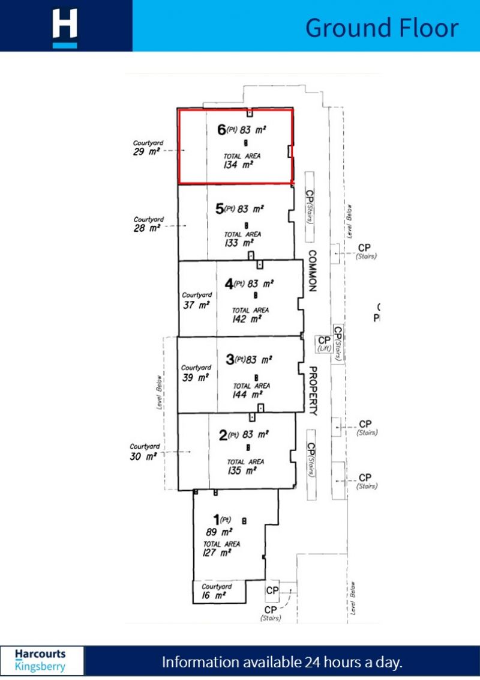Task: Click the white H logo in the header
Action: coord(65,28)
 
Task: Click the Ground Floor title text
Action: coord(382,28)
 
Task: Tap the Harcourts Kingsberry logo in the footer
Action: coord(41,660)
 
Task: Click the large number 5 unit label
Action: coord(220,209)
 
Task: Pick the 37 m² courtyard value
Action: coord(196,305)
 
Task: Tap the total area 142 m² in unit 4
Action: coord(247,319)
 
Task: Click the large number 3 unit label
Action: coord(229,360)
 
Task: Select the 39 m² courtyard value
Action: coord(196,377)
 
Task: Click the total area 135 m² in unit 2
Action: coord(243,471)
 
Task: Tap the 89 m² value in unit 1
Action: coord(219,532)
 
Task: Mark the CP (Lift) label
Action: coord(324,344)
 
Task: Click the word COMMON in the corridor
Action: coord(311,271)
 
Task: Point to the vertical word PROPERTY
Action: coord(313,391)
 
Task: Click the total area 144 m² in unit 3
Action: coord(248,395)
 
